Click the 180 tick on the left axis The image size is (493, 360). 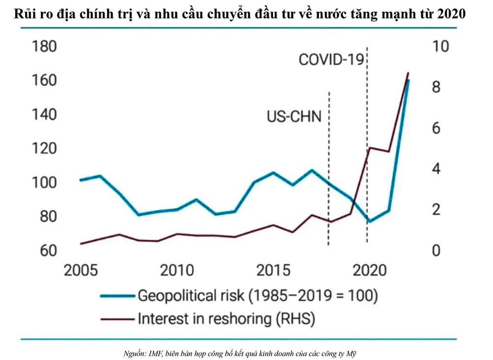pos(44,48)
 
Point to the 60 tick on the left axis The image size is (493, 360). pos(44,251)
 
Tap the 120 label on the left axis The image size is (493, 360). pos(44,149)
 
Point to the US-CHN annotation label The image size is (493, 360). pos(294,117)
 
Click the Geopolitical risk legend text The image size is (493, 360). pos(257,296)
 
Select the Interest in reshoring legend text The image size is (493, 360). pos(226,319)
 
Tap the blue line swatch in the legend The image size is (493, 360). pos(117,296)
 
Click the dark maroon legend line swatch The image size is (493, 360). pos(117,319)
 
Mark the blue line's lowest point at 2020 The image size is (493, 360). pos(369,221)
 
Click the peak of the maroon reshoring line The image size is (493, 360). pos(408,73)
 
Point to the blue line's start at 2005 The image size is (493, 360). pos(81,180)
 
